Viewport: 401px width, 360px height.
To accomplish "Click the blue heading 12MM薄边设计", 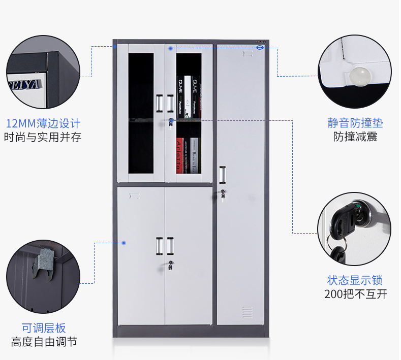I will [43, 123].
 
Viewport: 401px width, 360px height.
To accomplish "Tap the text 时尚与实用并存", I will [43, 137].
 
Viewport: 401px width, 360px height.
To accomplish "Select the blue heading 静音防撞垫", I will [355, 123].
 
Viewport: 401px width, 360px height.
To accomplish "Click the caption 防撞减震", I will [355, 137].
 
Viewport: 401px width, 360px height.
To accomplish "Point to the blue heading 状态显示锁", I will [355, 280].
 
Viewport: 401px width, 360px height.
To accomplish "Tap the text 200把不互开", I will [355, 294].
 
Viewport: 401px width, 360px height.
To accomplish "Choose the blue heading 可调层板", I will [44, 328].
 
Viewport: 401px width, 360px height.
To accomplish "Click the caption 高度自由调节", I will [44, 342].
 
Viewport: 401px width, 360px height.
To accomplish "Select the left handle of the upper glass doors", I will [160, 103].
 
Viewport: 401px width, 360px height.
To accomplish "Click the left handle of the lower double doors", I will [160, 246].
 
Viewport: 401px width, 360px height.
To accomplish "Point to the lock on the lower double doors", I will [171, 264].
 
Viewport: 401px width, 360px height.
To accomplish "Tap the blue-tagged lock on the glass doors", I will [172, 121].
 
